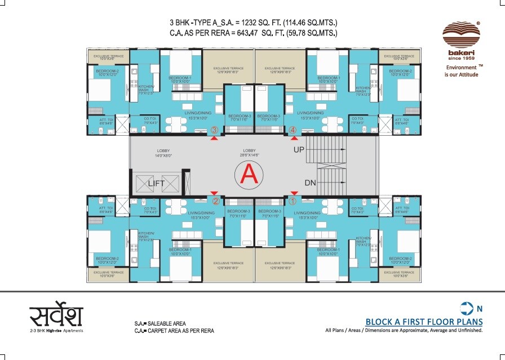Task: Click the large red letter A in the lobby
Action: pyautogui.click(x=249, y=175)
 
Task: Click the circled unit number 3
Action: pyautogui.click(x=214, y=131)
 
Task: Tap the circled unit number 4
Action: pyautogui.click(x=293, y=131)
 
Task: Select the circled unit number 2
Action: pyautogui.click(x=215, y=200)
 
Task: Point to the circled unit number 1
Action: pyautogui.click(x=293, y=200)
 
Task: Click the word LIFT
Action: pyautogui.click(x=157, y=183)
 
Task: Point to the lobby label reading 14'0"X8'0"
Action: pyautogui.click(x=165, y=153)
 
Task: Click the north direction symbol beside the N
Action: pyautogui.click(x=466, y=308)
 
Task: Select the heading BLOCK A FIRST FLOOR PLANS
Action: pyautogui.click(x=424, y=322)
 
